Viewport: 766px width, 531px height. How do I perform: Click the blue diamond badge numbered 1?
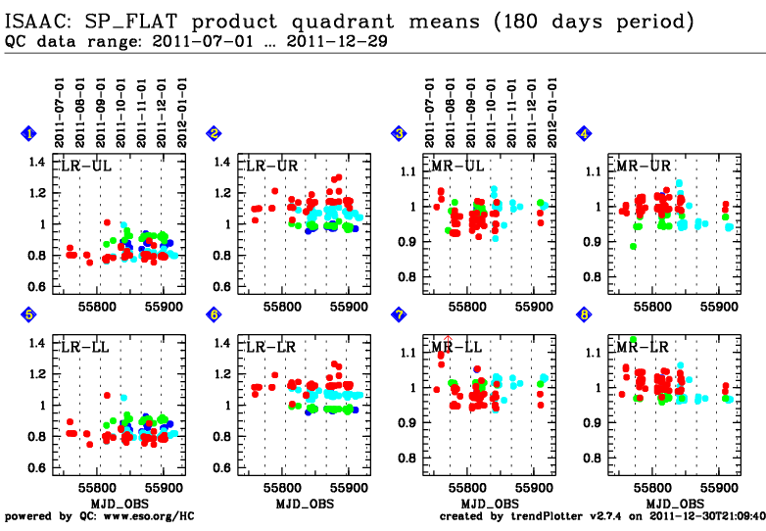tap(29, 134)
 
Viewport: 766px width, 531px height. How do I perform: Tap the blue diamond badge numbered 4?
tap(584, 134)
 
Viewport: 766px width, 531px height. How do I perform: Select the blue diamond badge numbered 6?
tap(214, 315)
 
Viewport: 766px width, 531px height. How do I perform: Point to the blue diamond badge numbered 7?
tap(399, 315)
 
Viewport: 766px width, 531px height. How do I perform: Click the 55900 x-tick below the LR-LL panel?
tap(162, 485)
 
